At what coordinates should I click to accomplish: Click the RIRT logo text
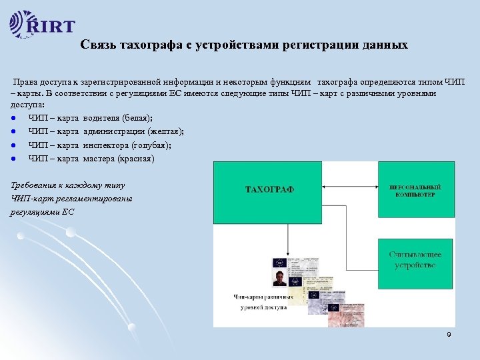(x=51, y=27)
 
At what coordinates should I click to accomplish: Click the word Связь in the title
(x=97, y=45)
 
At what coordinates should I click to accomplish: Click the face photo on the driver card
(x=279, y=277)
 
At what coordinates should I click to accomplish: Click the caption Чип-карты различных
(x=260, y=296)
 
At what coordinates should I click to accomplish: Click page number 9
(x=449, y=333)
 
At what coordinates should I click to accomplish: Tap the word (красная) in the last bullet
(x=135, y=159)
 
